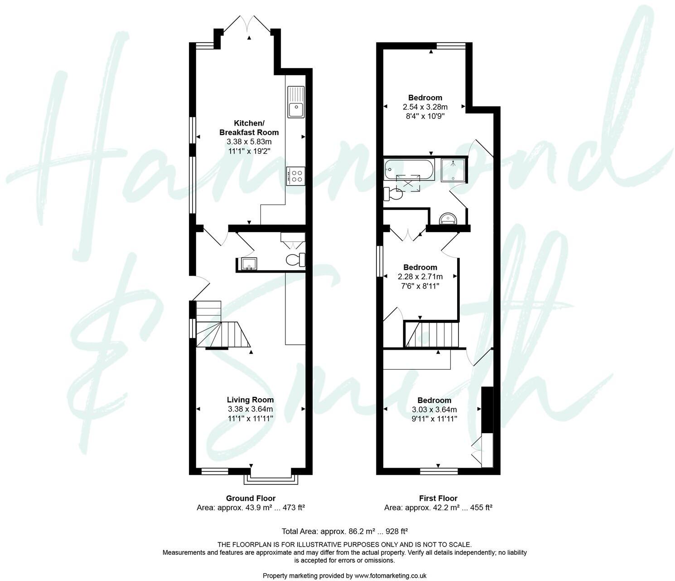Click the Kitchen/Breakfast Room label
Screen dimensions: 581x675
click(x=249, y=128)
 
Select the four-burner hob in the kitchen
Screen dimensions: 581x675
click(x=296, y=176)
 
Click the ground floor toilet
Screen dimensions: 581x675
click(x=296, y=259)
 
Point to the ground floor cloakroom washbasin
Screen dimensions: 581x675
click(x=248, y=264)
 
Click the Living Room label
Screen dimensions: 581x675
click(x=250, y=400)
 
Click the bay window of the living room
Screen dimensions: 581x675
click(x=270, y=478)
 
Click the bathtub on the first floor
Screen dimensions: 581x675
click(x=409, y=169)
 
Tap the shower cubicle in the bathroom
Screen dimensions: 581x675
click(x=453, y=170)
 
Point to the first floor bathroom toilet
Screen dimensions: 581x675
click(x=392, y=194)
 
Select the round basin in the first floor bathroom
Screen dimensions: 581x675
click(x=449, y=220)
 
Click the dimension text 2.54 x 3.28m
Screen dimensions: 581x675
click(x=425, y=107)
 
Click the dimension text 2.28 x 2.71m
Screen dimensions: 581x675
click(x=420, y=276)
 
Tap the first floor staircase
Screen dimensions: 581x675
click(x=432, y=334)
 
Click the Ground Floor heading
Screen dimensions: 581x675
click(x=251, y=498)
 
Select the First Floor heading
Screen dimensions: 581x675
click(x=438, y=498)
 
